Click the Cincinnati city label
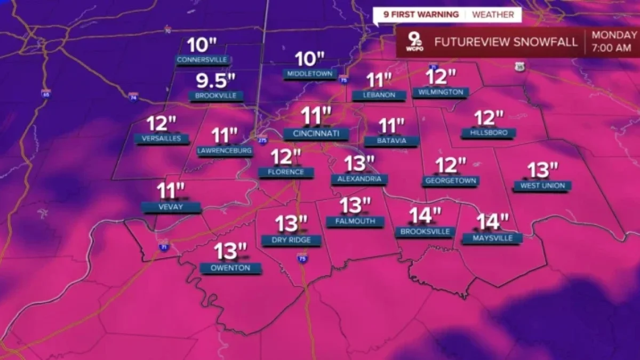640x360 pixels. coord(316,133)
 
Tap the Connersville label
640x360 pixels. coord(202,59)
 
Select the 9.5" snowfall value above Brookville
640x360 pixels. coord(215,81)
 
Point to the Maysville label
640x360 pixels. coord(492,238)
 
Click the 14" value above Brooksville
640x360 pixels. coord(425,215)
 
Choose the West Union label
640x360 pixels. coord(542,186)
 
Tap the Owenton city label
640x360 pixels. coord(230,268)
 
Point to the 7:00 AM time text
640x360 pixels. coord(612,48)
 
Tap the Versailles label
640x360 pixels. coord(162,139)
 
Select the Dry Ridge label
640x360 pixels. coord(291,240)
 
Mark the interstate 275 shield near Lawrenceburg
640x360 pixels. coord(262,140)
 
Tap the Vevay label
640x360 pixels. coord(171,206)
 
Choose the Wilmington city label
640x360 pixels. coord(441,92)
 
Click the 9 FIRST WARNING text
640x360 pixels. coord(425,14)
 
